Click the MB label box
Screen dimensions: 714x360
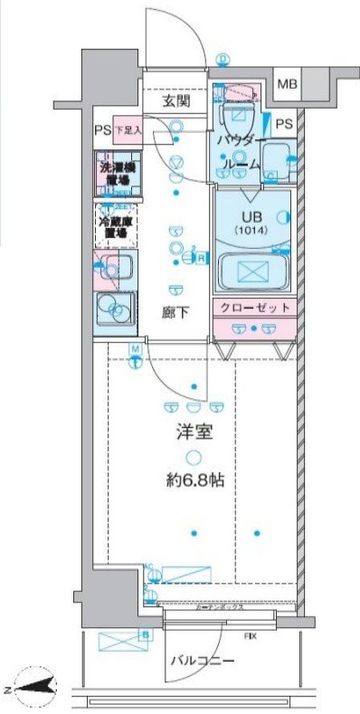[x=287, y=85]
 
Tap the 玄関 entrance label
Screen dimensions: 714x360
[x=176, y=102]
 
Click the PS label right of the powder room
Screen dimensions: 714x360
[x=284, y=124]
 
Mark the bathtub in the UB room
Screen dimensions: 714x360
[x=253, y=271]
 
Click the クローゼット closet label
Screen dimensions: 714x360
[x=254, y=308]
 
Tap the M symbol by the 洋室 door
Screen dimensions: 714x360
[x=135, y=350]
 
